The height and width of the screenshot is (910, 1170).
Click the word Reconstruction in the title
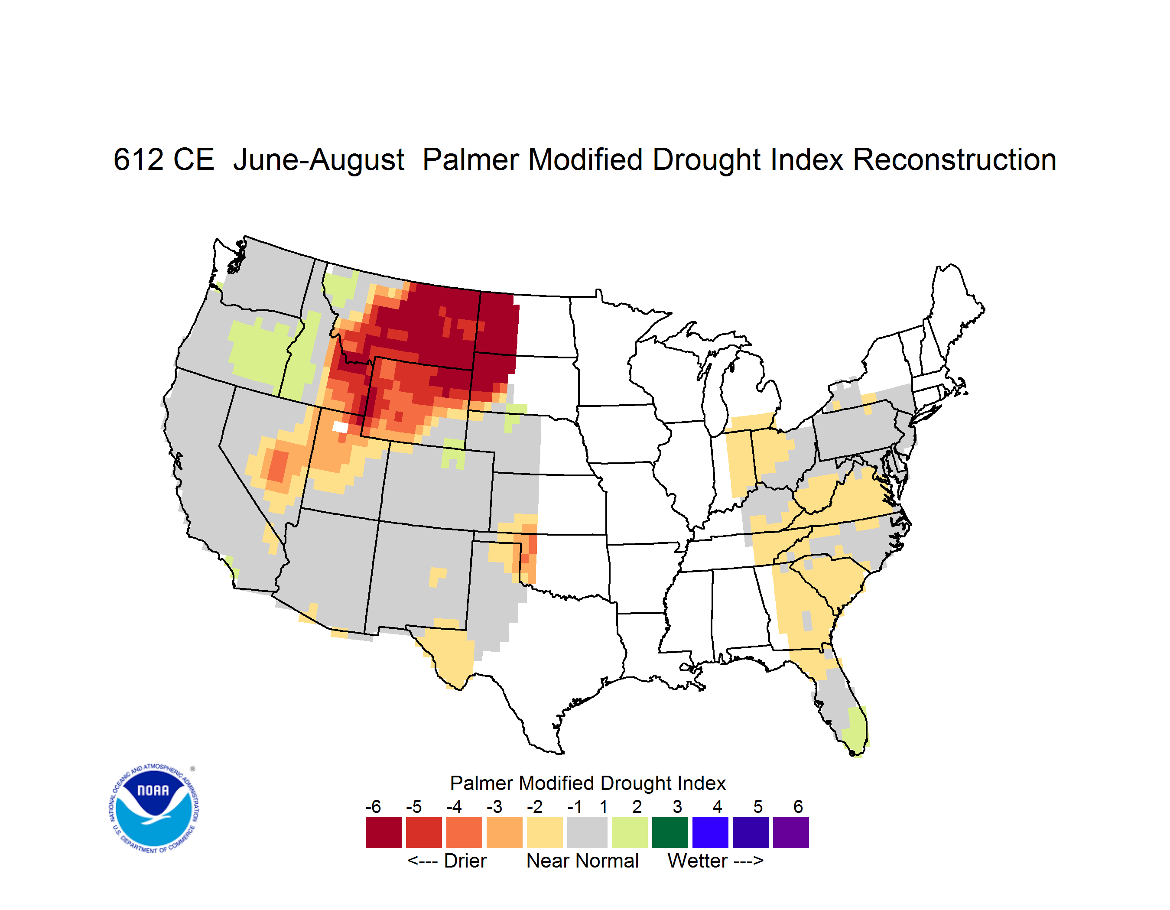(954, 159)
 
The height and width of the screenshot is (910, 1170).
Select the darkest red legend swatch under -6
(383, 832)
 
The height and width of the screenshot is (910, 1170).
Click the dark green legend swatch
(669, 832)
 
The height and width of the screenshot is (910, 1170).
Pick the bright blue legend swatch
(710, 832)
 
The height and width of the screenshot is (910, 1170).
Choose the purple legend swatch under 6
(791, 832)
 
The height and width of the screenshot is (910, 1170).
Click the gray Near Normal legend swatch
(587, 832)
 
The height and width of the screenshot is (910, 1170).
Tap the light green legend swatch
(630, 832)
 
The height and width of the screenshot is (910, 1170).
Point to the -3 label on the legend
(494, 806)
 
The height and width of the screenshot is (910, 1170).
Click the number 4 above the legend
(717, 806)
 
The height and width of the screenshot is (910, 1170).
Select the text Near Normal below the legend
(582, 861)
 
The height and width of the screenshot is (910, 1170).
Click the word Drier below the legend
(465, 861)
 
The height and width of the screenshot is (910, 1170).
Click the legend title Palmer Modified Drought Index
(588, 783)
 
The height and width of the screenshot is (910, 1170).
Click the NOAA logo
(154, 809)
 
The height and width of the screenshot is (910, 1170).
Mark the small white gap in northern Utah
(340, 427)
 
